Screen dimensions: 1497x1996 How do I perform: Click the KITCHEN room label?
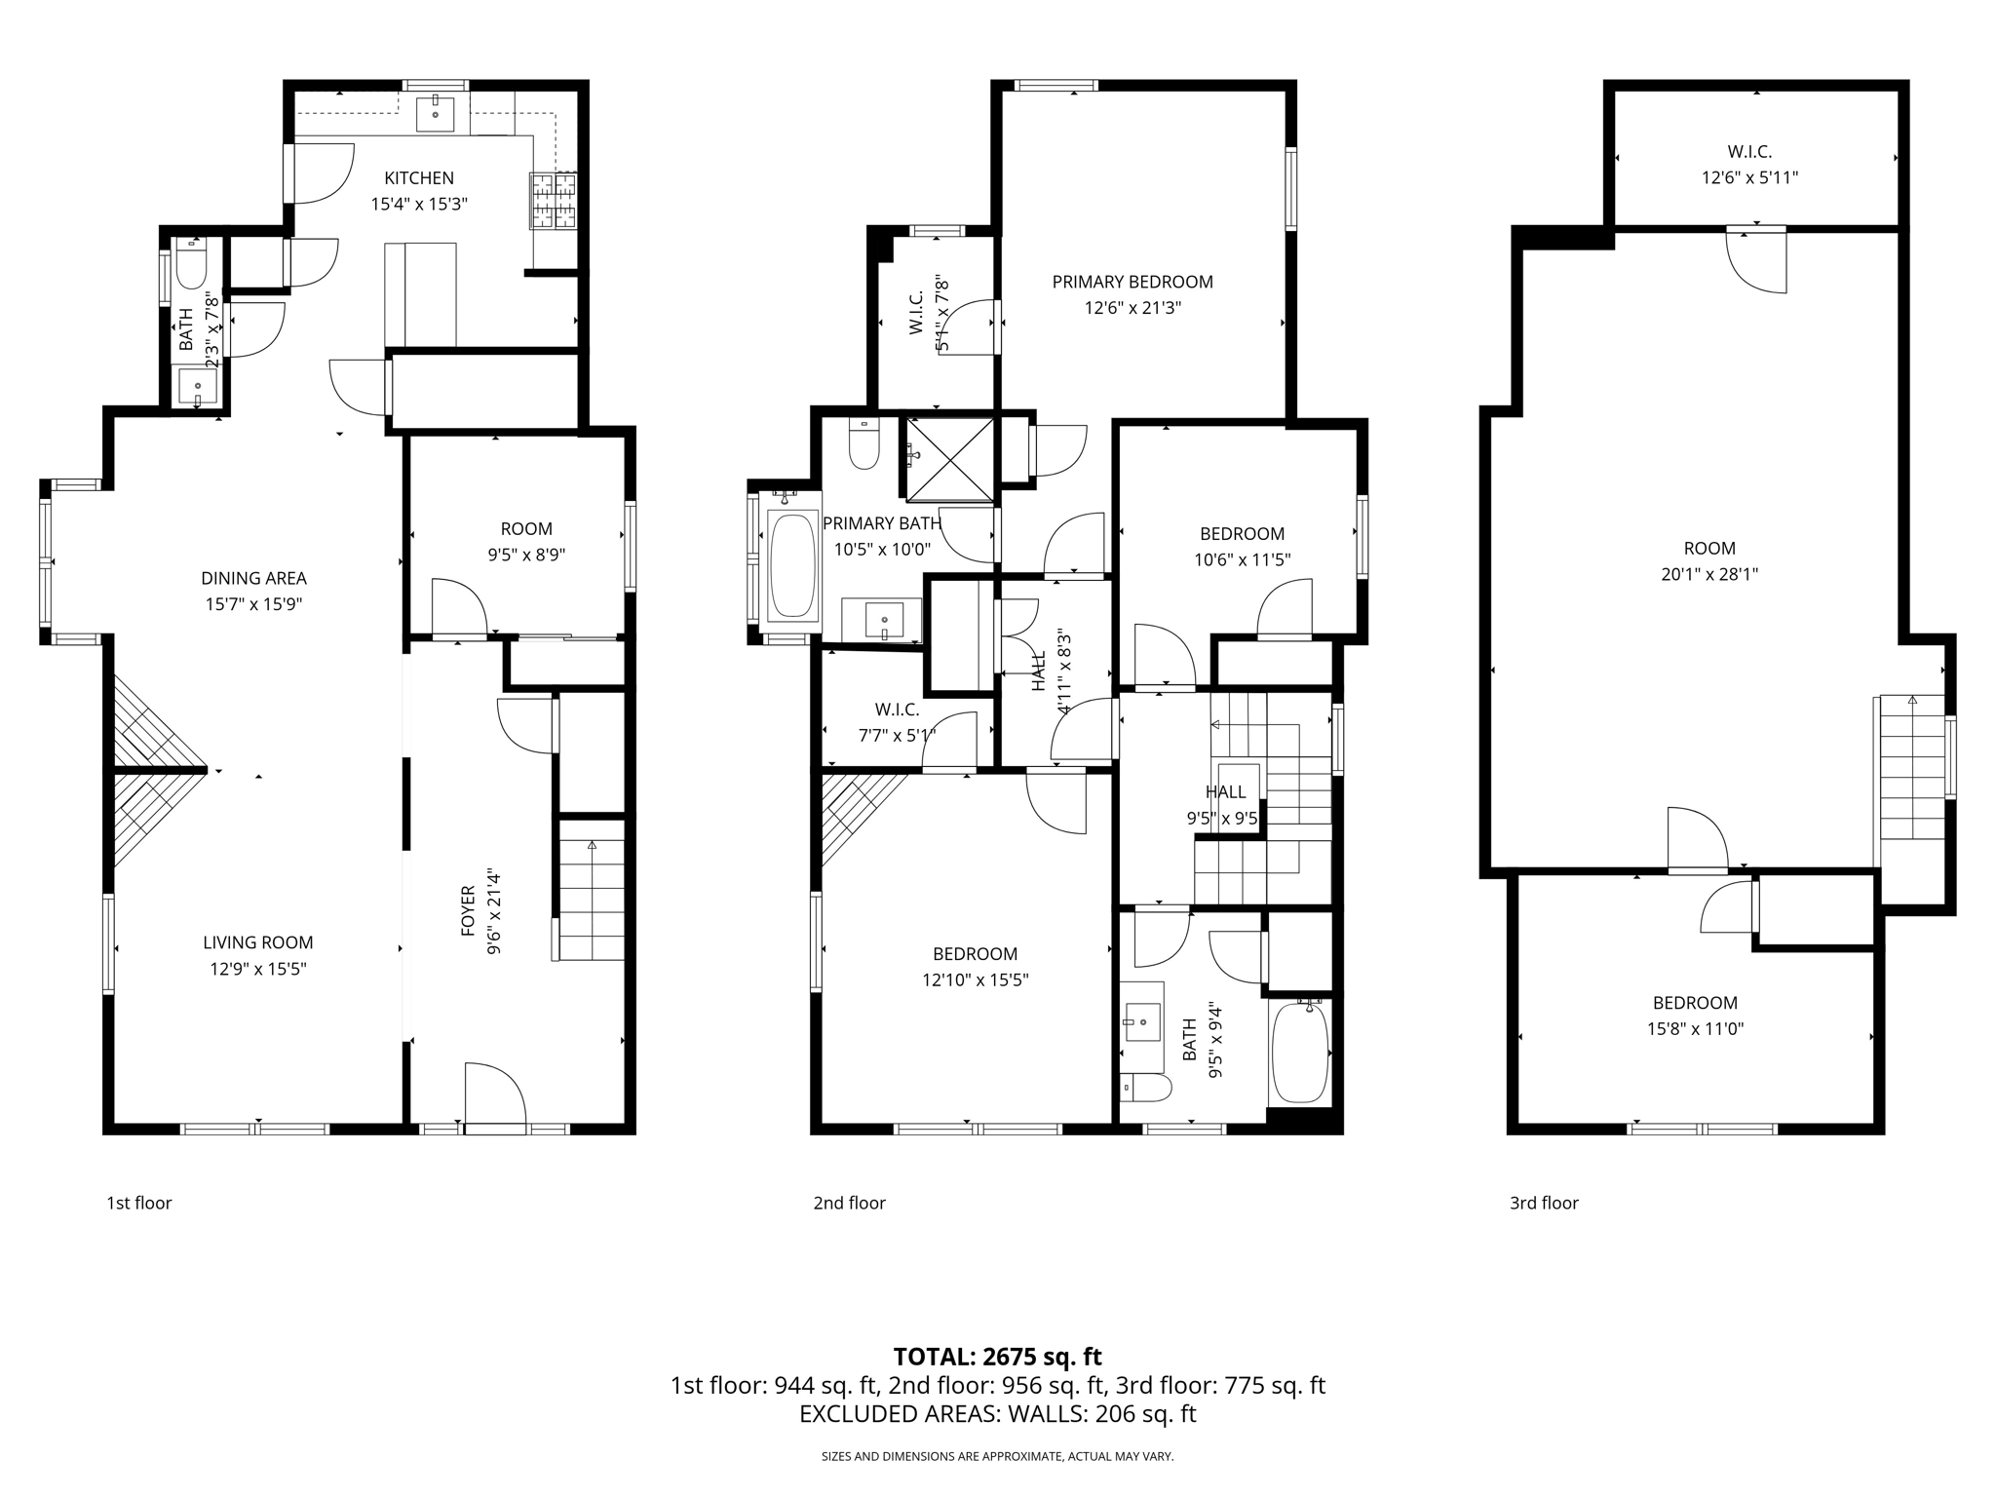click(x=419, y=178)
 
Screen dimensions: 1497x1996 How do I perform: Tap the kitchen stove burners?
click(x=554, y=201)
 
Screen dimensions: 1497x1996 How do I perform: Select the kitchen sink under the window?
click(x=436, y=114)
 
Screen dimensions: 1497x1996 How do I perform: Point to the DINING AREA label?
click(x=253, y=578)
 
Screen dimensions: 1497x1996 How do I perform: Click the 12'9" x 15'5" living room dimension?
click(x=258, y=969)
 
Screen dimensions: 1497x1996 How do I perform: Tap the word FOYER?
click(x=469, y=911)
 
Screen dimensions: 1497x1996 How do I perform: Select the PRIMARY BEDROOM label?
click(x=1132, y=282)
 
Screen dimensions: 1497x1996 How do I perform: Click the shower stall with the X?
click(x=949, y=459)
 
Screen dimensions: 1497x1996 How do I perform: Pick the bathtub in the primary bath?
click(x=792, y=566)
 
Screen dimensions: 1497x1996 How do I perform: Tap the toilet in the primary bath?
click(x=864, y=445)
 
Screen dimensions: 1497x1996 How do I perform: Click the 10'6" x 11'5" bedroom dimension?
click(x=1242, y=559)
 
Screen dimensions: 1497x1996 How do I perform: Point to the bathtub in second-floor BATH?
click(x=1300, y=1052)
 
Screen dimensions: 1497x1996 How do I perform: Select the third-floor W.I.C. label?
click(x=1749, y=152)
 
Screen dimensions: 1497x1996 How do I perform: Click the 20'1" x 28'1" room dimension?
click(x=1709, y=574)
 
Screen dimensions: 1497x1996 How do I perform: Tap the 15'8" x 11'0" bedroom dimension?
click(x=1695, y=1028)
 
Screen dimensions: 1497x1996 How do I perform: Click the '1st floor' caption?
click(x=139, y=1203)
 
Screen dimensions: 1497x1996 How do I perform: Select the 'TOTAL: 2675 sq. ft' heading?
click(x=997, y=1357)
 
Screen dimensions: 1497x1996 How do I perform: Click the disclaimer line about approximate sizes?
click(x=997, y=1456)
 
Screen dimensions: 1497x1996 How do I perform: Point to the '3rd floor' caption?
click(x=1544, y=1203)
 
